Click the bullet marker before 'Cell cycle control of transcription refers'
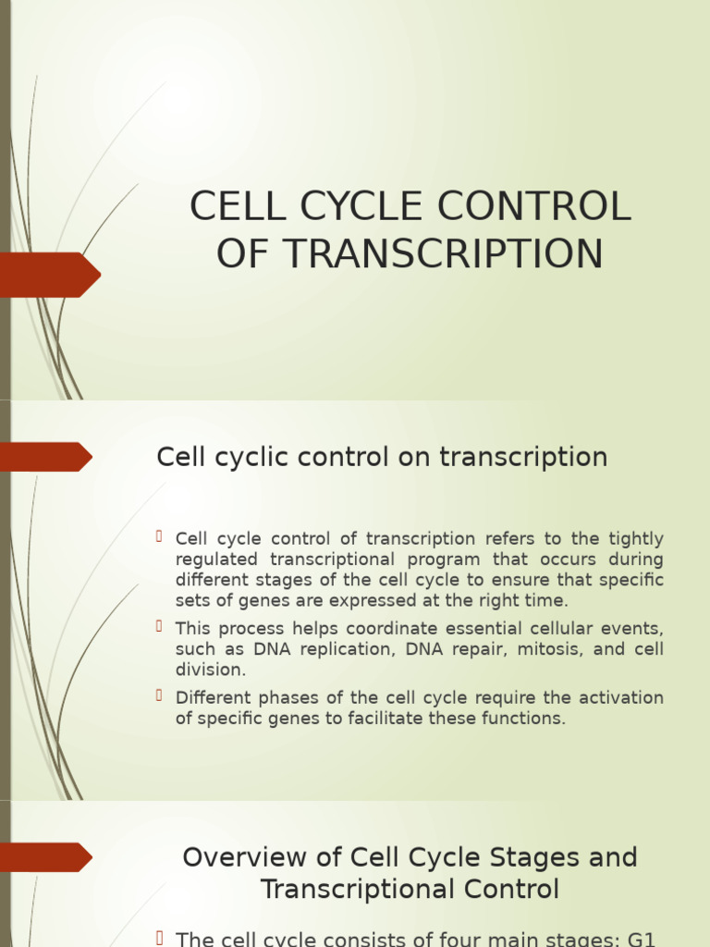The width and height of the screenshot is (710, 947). [x=160, y=537]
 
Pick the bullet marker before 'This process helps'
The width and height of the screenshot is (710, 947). [x=160, y=627]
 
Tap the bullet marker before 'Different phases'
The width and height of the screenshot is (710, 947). [x=160, y=695]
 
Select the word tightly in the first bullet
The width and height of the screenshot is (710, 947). [x=635, y=539]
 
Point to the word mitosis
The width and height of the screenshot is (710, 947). [x=551, y=649]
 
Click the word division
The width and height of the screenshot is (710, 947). [x=211, y=670]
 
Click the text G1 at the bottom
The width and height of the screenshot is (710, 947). [x=641, y=939]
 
